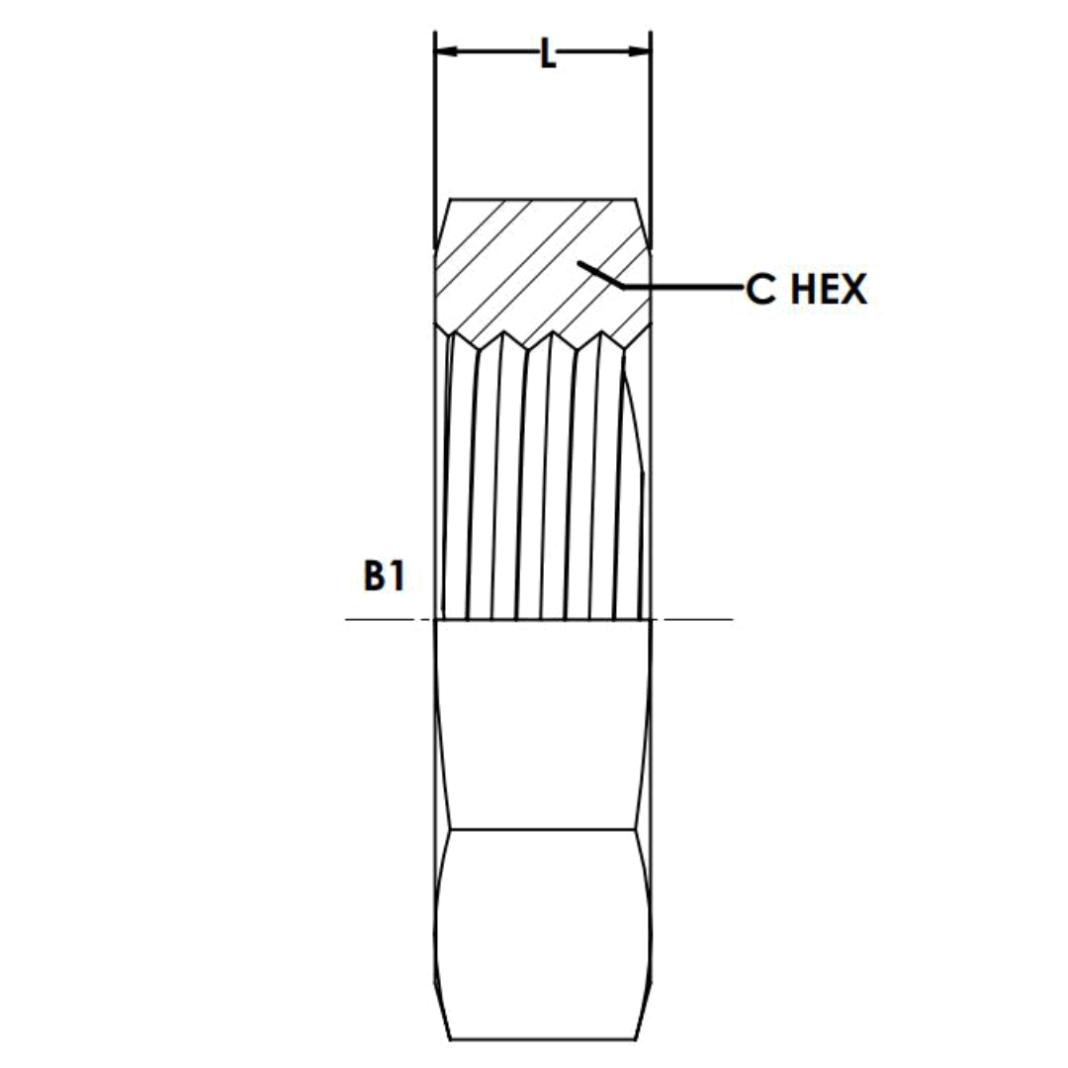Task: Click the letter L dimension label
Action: click(x=547, y=53)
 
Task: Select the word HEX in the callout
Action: click(x=829, y=289)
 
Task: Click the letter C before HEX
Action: click(x=760, y=289)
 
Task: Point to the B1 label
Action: click(x=384, y=576)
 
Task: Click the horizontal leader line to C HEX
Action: click(x=682, y=288)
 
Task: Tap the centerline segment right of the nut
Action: click(x=697, y=620)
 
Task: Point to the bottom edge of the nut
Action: click(x=543, y=1039)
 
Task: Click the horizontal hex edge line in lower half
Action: click(x=543, y=829)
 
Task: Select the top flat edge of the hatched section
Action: click(x=543, y=200)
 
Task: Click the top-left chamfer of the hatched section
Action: click(x=442, y=223)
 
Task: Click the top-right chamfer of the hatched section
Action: click(x=644, y=223)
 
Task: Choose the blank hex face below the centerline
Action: click(x=543, y=727)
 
